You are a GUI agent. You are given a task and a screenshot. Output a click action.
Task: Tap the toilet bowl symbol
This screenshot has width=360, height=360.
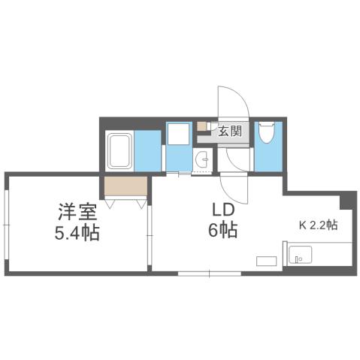(x=268, y=134)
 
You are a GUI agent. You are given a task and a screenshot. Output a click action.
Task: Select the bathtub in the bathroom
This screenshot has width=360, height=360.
(x=121, y=150)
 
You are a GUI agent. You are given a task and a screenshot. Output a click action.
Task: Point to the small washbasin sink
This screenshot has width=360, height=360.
(x=201, y=159)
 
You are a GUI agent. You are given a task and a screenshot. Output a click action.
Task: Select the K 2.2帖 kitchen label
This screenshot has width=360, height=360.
(x=319, y=225)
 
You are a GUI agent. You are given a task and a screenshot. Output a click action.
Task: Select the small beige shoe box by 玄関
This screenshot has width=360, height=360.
(x=202, y=126)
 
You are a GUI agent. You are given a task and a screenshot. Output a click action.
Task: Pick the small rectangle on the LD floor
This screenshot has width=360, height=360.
(x=267, y=261)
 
